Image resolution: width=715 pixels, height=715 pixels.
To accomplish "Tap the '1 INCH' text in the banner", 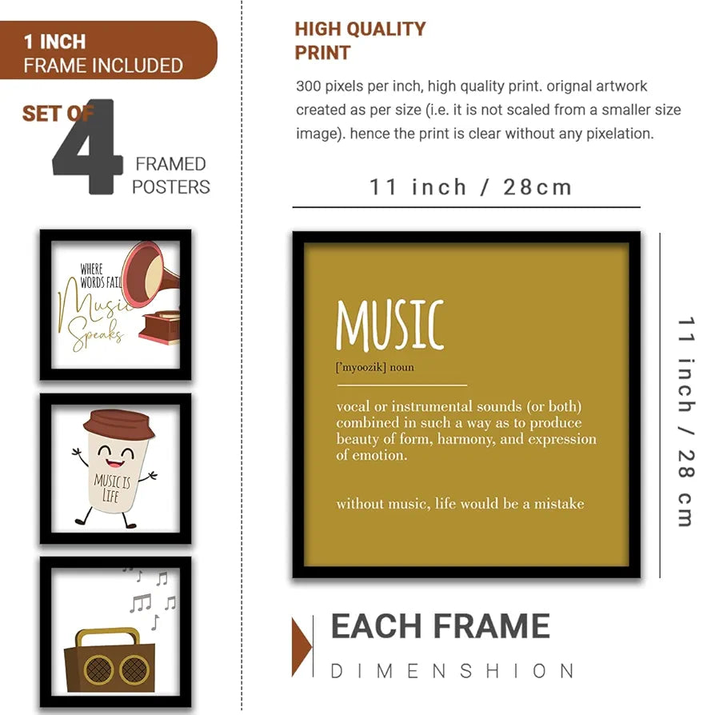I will click(x=54, y=41).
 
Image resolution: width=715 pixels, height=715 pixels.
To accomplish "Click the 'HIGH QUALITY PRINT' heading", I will click(x=360, y=41).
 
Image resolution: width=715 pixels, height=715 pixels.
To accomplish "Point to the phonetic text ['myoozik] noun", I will click(x=375, y=367).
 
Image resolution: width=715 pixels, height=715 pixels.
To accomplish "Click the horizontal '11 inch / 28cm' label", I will click(x=471, y=187).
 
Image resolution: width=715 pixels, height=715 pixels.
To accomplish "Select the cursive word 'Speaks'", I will click(x=97, y=336).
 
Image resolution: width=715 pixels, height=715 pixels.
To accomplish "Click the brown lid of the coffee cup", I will click(x=118, y=424).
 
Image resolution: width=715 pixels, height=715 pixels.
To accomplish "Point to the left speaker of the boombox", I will click(x=98, y=669).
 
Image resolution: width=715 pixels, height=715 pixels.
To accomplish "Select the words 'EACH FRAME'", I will click(x=440, y=626).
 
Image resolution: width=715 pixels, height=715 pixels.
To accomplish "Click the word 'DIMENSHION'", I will click(x=453, y=670).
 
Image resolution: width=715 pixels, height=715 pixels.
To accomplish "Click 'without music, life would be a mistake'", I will click(x=460, y=504).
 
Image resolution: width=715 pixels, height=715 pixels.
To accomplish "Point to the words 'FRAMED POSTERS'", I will click(x=170, y=175).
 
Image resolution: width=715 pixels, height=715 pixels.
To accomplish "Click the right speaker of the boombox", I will click(x=133, y=669).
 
